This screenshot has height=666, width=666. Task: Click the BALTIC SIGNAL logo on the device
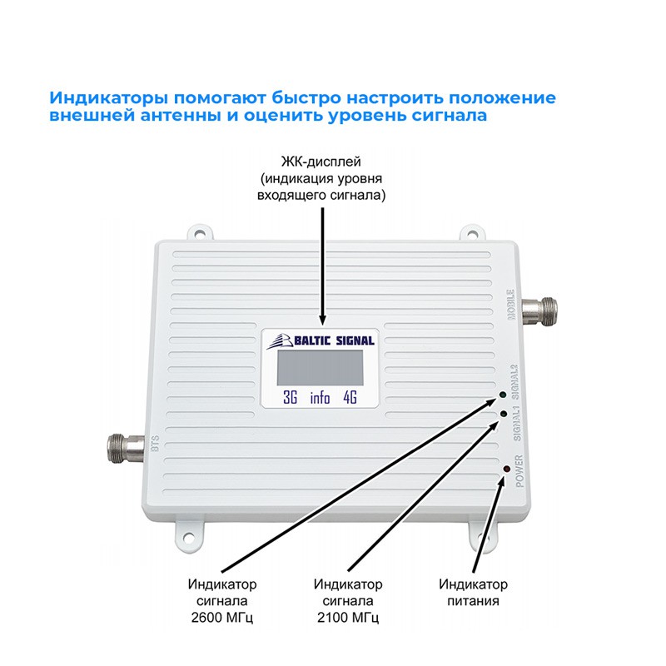pos(321,339)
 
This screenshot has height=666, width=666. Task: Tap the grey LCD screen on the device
pos(321,367)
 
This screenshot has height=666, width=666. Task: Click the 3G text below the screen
pos(291,397)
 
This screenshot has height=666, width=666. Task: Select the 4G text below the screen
pos(350,397)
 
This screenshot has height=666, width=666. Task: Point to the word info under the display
pos(320,397)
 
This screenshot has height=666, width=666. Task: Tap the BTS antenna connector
pos(123,446)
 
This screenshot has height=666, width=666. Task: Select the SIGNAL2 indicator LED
pos(503,393)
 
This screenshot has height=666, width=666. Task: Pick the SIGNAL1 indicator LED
pos(504,414)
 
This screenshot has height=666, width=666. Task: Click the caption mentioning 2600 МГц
pos(223,599)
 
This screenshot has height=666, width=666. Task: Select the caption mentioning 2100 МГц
pos(348,599)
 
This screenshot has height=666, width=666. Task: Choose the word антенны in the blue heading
pos(176,116)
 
